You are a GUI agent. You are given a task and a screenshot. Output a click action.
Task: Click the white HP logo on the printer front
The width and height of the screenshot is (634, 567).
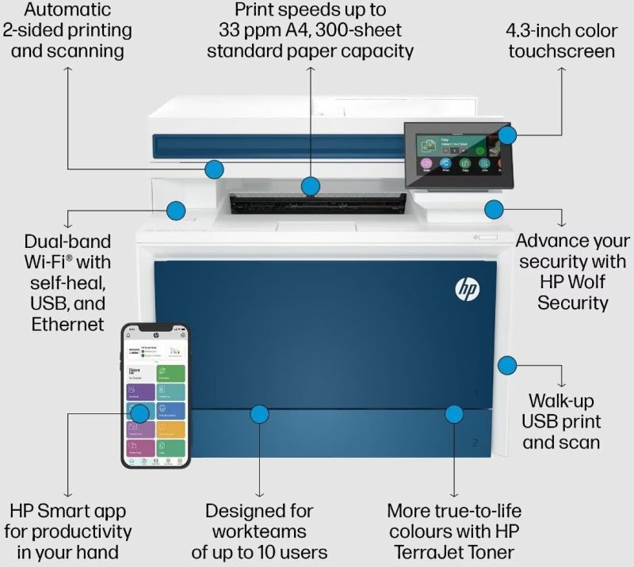click(x=467, y=289)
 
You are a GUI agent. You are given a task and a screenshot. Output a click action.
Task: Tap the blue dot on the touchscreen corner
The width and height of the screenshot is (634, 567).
click(x=507, y=135)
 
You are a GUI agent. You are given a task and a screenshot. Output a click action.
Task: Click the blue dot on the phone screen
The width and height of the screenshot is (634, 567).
click(x=139, y=413)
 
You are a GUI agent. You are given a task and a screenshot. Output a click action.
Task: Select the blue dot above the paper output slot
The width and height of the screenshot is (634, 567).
click(x=311, y=187)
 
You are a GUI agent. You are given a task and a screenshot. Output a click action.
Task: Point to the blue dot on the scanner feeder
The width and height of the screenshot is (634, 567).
click(x=214, y=168)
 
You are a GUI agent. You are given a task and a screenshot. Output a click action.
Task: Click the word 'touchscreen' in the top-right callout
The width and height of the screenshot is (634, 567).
click(x=562, y=51)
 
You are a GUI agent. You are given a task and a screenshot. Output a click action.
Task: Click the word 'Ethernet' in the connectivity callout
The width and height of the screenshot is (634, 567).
click(x=68, y=323)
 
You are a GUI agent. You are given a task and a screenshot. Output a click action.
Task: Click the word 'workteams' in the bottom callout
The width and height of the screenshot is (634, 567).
click(x=259, y=531)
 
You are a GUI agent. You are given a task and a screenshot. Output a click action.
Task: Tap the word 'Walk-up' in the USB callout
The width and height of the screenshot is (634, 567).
click(x=561, y=401)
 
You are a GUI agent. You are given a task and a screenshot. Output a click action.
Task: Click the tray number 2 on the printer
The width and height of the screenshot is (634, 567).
click(x=475, y=443)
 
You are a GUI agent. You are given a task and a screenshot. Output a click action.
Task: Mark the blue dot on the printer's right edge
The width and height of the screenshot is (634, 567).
click(x=507, y=365)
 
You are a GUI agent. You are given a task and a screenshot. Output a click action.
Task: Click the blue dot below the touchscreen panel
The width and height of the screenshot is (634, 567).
click(x=494, y=210)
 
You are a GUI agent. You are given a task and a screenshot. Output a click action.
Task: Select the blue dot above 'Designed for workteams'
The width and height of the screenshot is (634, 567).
click(x=259, y=413)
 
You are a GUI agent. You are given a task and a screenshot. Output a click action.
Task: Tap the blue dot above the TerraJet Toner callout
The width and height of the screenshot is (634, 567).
click(x=453, y=413)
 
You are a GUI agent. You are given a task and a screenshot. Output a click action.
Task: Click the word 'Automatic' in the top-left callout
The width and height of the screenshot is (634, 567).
click(x=67, y=10)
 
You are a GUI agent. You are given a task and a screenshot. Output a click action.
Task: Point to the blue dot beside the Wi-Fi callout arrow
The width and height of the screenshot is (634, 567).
click(x=175, y=210)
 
